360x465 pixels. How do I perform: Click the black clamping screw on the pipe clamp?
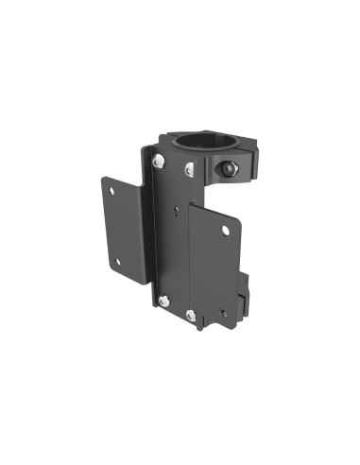pos(227,169)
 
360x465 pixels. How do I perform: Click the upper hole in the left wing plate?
pos(112,192)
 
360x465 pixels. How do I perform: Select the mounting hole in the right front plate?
pos(225,230)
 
